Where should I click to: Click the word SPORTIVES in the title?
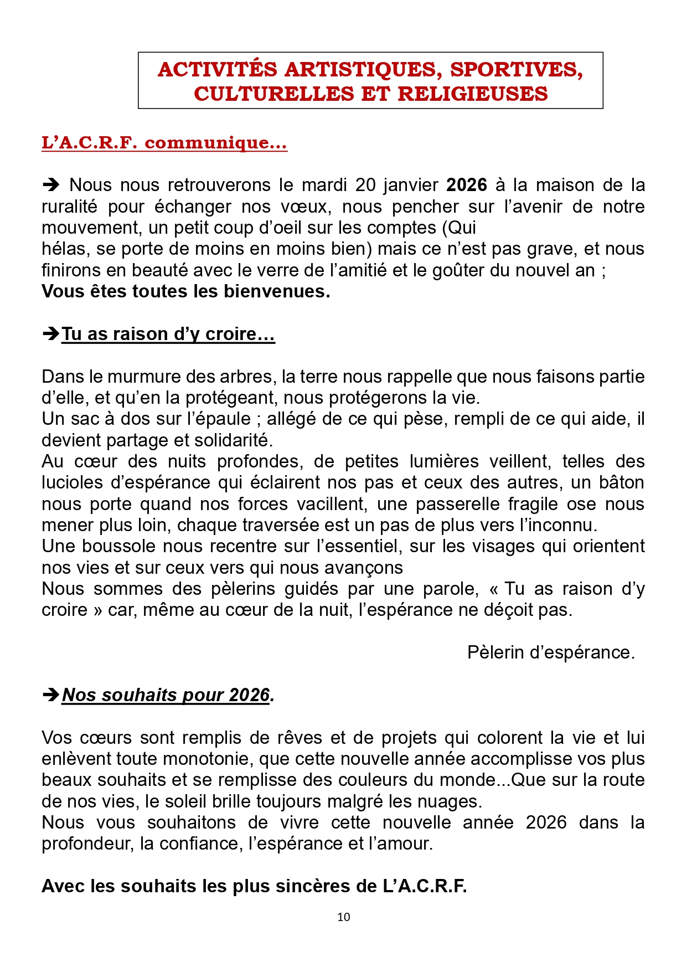(x=516, y=70)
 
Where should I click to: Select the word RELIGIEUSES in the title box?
(x=473, y=94)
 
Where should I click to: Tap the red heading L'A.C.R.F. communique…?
(x=164, y=143)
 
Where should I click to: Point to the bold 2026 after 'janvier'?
(x=467, y=185)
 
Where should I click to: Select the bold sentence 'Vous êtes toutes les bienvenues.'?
(x=186, y=291)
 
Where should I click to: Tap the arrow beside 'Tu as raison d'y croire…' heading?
(x=51, y=334)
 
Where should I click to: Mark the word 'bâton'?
(x=621, y=482)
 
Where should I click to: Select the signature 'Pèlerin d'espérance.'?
(x=551, y=652)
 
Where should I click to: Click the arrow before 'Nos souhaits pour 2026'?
(x=51, y=695)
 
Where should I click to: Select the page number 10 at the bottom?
(x=344, y=917)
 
